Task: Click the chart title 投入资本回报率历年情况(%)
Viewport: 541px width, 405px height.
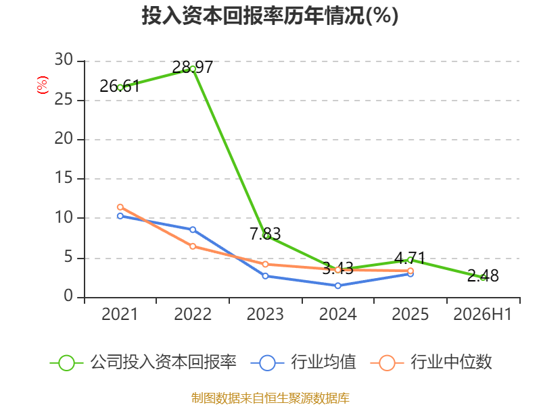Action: click(x=270, y=16)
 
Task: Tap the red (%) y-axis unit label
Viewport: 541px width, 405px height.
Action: click(x=43, y=85)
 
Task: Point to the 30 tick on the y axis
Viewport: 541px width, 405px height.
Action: click(x=64, y=59)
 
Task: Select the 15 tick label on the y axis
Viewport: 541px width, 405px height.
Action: click(x=64, y=178)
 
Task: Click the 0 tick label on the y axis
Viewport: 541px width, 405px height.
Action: click(x=68, y=296)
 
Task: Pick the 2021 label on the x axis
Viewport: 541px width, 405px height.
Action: click(x=120, y=314)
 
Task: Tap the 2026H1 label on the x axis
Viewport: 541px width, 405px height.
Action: click(x=482, y=314)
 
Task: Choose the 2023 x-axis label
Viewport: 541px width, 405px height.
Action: click(x=265, y=314)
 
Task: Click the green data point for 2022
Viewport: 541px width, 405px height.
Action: click(x=193, y=70)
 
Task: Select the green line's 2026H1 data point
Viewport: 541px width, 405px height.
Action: click(x=483, y=277)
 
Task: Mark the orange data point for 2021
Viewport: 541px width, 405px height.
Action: click(x=120, y=207)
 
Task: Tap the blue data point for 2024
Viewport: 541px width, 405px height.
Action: click(x=337, y=286)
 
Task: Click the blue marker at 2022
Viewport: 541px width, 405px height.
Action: click(x=193, y=230)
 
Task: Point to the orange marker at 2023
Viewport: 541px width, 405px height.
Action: click(x=265, y=264)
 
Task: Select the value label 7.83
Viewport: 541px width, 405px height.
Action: click(x=265, y=234)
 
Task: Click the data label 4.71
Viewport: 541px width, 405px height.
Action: click(x=410, y=258)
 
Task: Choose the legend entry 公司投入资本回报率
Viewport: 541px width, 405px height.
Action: click(x=143, y=362)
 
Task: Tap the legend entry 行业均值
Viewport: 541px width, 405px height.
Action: click(x=303, y=362)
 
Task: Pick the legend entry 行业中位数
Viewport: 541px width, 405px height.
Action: click(x=431, y=362)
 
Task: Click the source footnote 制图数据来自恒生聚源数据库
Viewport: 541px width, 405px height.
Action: click(x=270, y=398)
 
